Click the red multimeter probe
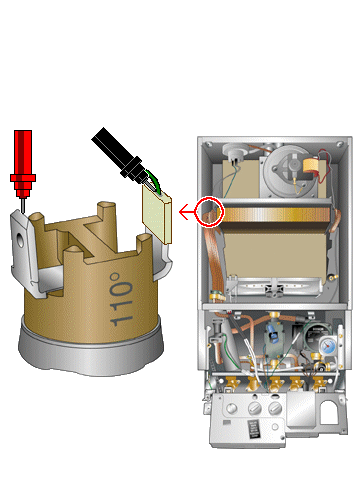coord(23,167)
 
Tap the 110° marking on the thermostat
coord(120,299)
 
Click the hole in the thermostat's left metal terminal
coord(21,240)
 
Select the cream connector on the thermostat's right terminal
coord(157,214)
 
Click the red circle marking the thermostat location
coord(208,212)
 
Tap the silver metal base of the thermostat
coord(91,353)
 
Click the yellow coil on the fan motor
coord(312,166)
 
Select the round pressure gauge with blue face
coord(328,347)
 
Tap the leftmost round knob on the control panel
coord(231,408)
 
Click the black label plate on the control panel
coord(253,429)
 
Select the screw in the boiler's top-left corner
coord(209,144)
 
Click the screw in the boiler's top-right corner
coord(340,144)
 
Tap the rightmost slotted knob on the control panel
coord(275,407)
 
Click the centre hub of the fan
coord(293,164)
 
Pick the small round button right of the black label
coord(275,426)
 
